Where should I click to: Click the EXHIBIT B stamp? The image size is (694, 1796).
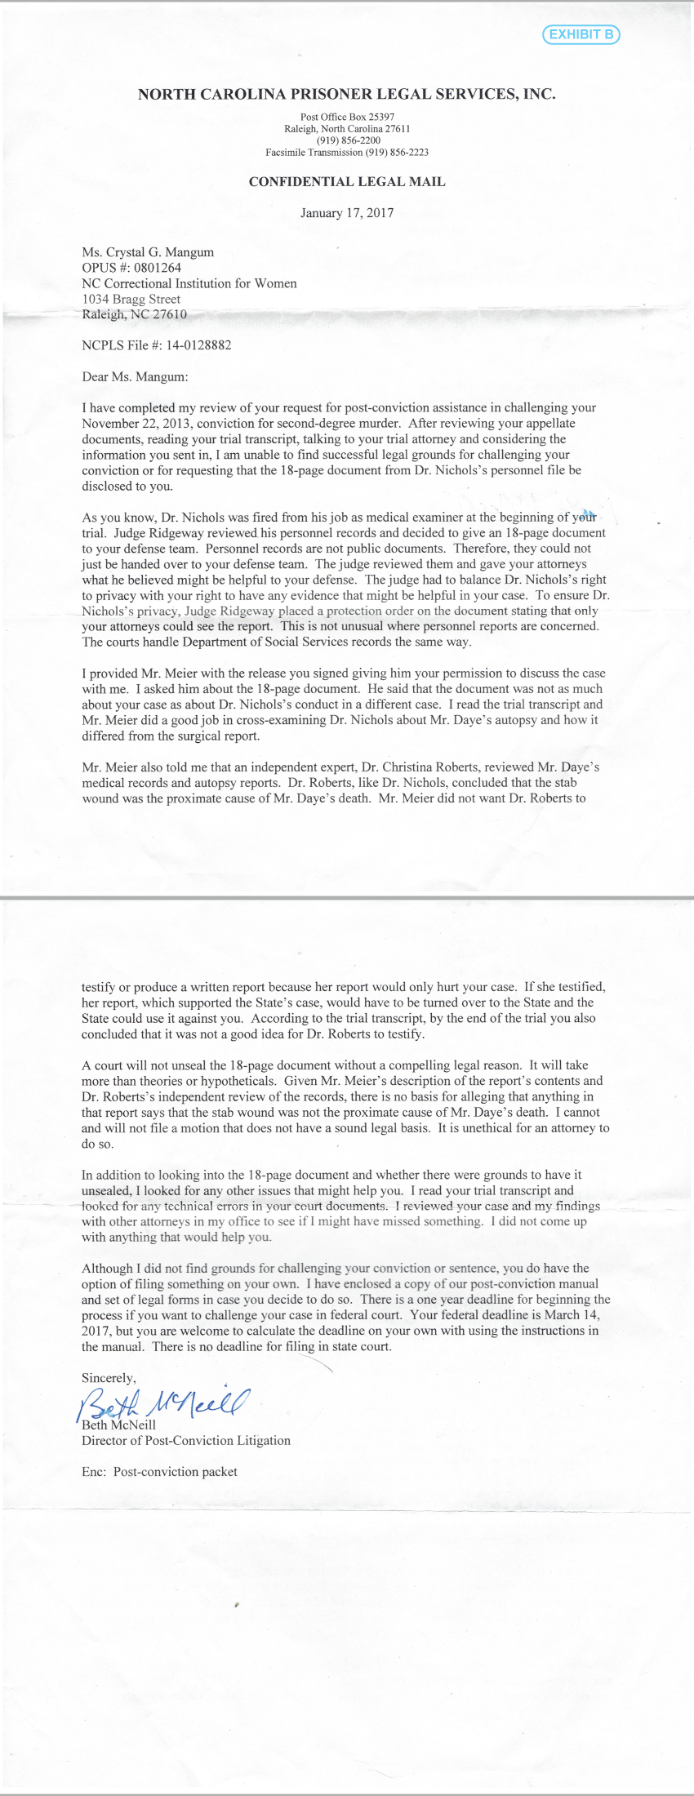581,34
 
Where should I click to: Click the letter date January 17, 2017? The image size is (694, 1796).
347,213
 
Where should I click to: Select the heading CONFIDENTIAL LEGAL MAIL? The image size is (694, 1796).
347,182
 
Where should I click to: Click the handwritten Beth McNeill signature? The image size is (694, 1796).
163,1403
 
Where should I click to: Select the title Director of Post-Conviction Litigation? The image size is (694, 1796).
186,1440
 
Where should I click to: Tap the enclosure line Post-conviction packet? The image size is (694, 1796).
175,1471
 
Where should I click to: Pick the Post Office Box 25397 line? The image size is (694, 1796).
347,118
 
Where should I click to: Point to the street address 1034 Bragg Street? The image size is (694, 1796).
131,299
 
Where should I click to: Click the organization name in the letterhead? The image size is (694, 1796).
347,94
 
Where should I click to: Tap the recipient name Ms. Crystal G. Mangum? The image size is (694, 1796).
148,252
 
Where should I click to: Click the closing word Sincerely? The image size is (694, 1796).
109,1377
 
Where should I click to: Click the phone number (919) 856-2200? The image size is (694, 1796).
347,140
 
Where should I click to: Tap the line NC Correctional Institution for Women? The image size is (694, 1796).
189,283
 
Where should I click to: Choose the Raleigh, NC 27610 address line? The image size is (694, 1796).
134,314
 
